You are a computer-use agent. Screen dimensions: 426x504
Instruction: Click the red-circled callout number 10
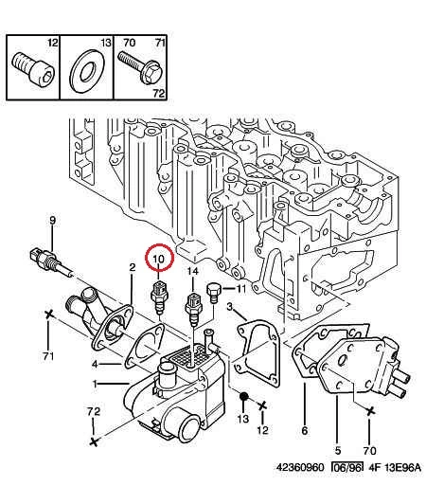point(158,258)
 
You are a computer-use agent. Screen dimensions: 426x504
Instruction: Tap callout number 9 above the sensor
point(52,221)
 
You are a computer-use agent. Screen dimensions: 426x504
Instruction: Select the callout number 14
point(193,272)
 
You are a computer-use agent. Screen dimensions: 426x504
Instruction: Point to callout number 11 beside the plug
point(241,289)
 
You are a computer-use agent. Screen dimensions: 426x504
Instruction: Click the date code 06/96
point(347,467)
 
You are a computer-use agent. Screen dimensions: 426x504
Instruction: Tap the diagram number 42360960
point(300,467)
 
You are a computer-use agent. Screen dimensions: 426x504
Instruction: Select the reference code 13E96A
point(402,467)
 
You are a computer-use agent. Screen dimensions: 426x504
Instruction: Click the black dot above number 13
point(243,396)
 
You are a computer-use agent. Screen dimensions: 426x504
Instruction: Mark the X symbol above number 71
point(48,314)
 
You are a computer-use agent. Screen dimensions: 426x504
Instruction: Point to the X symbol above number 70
point(369,410)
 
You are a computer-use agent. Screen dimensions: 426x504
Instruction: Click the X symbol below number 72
point(94,441)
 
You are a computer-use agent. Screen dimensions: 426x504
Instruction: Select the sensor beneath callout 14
point(193,309)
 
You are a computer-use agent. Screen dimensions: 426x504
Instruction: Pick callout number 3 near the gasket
point(229,307)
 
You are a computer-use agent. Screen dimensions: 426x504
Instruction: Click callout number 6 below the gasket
point(305,430)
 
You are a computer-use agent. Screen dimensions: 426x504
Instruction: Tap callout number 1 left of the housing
point(95,383)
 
